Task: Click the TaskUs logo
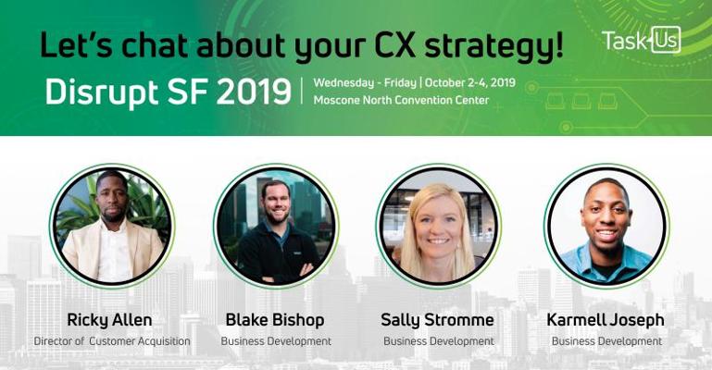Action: coord(641,41)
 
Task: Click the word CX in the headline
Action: coord(393,46)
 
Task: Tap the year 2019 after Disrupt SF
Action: coord(254,92)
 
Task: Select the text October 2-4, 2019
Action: coord(470,83)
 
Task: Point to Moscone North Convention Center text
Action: coord(402,100)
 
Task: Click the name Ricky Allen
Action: coord(109,320)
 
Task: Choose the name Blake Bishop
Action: coord(275,320)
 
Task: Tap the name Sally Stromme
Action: coord(437,320)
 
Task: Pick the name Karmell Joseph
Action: coord(606,320)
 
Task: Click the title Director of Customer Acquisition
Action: coord(112,341)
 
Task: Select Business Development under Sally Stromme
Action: coord(439,341)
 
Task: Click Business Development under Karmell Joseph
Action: coord(606,341)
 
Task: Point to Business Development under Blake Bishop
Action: coord(276,341)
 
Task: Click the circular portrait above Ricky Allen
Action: coord(112,226)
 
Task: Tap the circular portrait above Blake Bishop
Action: coord(276,226)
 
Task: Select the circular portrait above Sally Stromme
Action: coord(439,226)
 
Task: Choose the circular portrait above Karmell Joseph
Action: coord(606,226)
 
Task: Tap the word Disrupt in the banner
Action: coord(102,92)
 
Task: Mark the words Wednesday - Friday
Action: coord(365,83)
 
